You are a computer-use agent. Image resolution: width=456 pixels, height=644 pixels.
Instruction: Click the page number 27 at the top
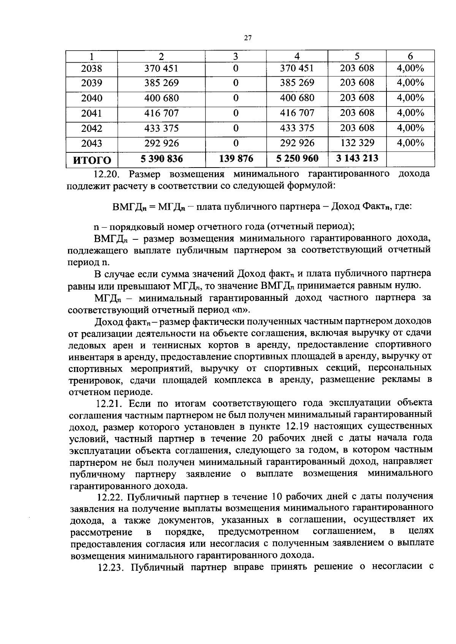(x=247, y=38)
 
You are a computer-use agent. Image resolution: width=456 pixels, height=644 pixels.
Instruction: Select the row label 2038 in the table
(x=92, y=69)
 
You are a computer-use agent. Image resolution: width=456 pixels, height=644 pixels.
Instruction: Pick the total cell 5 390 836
(x=161, y=159)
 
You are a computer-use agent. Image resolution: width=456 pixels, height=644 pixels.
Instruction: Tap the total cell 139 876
(x=236, y=158)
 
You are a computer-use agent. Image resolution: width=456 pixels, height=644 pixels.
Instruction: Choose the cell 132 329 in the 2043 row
(x=357, y=143)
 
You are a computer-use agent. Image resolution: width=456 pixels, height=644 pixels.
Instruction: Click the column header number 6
(x=410, y=56)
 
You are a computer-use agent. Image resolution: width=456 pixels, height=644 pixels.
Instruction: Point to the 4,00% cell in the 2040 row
(x=410, y=98)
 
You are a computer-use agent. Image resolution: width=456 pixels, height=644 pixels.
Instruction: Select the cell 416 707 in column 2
(x=161, y=113)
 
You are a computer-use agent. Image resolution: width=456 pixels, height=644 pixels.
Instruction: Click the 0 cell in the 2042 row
(x=236, y=128)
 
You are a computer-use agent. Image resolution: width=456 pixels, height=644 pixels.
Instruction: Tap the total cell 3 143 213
(x=357, y=158)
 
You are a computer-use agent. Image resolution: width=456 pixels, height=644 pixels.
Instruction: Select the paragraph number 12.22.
(x=110, y=497)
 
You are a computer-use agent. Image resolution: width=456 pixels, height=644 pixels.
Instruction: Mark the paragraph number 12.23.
(x=110, y=567)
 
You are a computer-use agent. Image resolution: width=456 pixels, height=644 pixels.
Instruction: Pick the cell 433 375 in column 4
(x=297, y=128)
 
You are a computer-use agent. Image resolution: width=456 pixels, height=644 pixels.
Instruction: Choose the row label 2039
(x=92, y=83)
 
